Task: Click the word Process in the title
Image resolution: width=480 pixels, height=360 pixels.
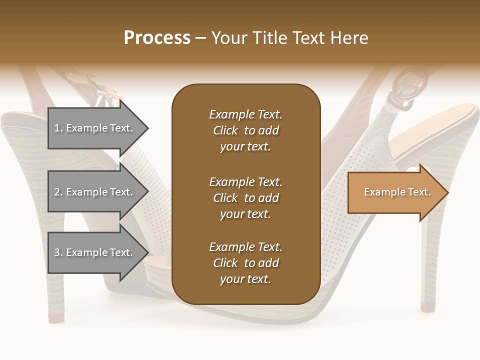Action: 157,38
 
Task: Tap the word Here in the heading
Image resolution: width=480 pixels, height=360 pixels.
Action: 348,38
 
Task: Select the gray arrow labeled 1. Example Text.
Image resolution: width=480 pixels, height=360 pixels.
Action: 95,128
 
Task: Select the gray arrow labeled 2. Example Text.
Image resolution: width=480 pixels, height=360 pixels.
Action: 95,192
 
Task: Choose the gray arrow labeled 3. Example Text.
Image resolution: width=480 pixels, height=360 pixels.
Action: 95,252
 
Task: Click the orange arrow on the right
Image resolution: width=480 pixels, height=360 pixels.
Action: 395,192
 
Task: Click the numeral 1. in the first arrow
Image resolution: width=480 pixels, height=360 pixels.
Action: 58,128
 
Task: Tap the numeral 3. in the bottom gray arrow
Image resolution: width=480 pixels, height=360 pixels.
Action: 58,252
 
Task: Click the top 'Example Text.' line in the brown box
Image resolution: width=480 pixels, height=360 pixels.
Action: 245,114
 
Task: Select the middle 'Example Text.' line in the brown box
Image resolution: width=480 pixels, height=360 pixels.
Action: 245,181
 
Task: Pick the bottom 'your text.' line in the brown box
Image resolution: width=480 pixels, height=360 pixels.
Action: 245,279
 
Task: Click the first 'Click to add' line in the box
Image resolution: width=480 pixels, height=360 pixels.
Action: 245,130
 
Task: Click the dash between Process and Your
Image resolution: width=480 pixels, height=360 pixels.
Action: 201,38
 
